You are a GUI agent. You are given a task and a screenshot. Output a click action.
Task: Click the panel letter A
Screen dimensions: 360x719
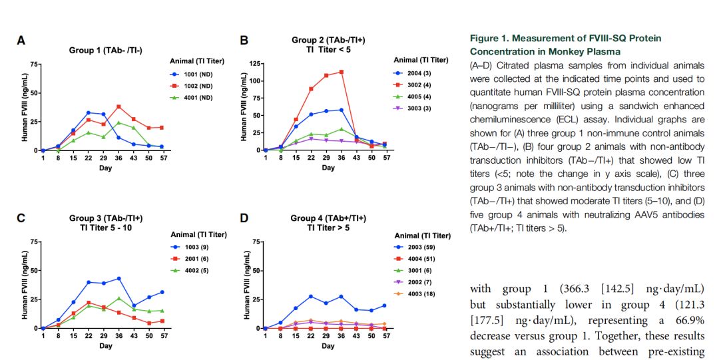[x=21, y=41]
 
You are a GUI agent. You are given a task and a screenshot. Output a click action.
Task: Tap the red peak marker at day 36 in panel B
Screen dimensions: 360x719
[x=342, y=72]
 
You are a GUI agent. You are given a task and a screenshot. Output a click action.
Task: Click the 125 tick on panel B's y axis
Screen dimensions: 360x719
[x=254, y=63]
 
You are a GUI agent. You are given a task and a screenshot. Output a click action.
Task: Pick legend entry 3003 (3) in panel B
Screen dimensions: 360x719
[x=415, y=108]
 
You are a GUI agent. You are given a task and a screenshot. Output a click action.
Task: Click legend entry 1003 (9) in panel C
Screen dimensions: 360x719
[x=193, y=247]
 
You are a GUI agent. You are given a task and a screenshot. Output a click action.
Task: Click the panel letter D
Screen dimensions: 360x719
[x=244, y=218]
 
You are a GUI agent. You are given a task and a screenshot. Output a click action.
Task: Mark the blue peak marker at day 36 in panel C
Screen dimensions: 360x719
[x=119, y=278]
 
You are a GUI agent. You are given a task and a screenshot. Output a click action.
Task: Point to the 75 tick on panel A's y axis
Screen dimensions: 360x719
[x=33, y=64]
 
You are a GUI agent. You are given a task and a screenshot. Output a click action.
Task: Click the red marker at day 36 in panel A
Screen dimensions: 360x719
[x=119, y=106]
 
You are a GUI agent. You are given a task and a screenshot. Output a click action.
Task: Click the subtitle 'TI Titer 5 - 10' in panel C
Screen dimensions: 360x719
[x=105, y=228]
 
